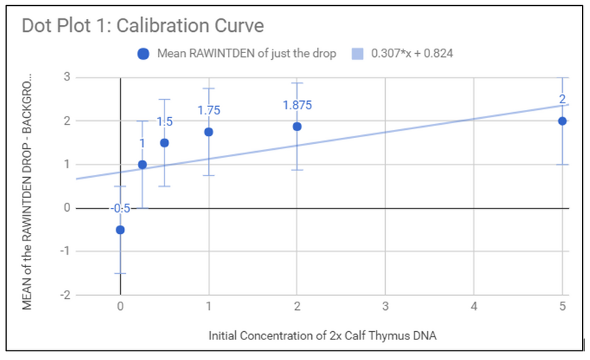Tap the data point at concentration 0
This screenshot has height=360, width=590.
point(120,229)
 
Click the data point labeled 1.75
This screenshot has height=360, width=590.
point(209,132)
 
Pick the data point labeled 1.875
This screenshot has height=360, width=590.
point(296,126)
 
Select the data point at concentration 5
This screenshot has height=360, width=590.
point(562,121)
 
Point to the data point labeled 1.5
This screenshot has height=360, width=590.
point(164,142)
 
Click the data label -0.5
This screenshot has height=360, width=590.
point(120,209)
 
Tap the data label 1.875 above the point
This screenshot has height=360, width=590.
point(297,105)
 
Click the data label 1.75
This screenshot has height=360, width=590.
point(209,110)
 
